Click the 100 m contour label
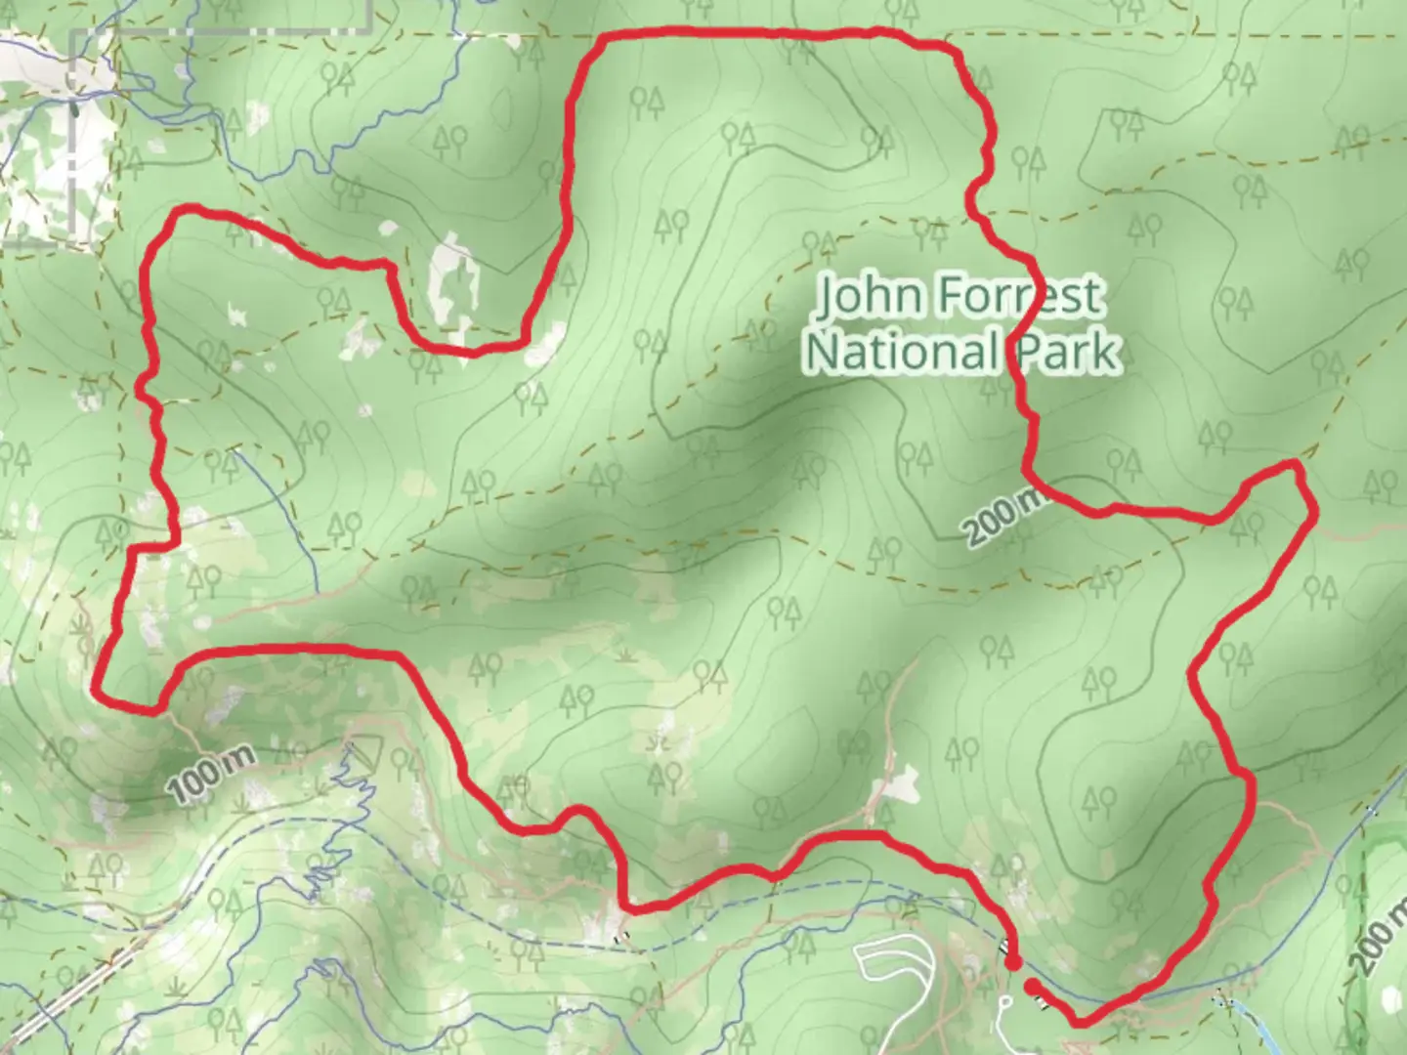point(209,775)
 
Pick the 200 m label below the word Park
point(1006,518)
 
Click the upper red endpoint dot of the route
point(1013,963)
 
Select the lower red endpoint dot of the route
point(1032,987)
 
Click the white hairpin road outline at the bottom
point(894,967)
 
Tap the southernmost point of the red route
point(1081,1024)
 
